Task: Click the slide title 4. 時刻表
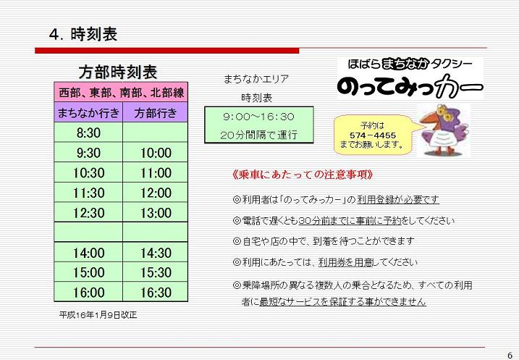(x=83, y=35)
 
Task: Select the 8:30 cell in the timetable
(x=88, y=133)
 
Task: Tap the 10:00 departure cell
(x=156, y=153)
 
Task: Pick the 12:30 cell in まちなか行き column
(x=88, y=213)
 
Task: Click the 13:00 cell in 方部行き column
(x=156, y=213)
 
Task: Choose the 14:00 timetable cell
(x=88, y=253)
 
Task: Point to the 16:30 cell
(x=156, y=293)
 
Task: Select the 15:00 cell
(x=88, y=272)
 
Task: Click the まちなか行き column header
(x=88, y=113)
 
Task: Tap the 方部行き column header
(x=156, y=113)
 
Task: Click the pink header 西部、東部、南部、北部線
(x=121, y=93)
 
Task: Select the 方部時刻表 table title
(x=118, y=72)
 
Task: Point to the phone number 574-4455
(x=373, y=135)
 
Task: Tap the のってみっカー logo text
(x=410, y=87)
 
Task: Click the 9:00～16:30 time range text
(x=258, y=117)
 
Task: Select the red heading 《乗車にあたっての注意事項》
(x=303, y=175)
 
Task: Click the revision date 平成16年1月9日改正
(x=98, y=314)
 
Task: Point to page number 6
(x=510, y=355)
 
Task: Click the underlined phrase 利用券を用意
(x=345, y=262)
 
